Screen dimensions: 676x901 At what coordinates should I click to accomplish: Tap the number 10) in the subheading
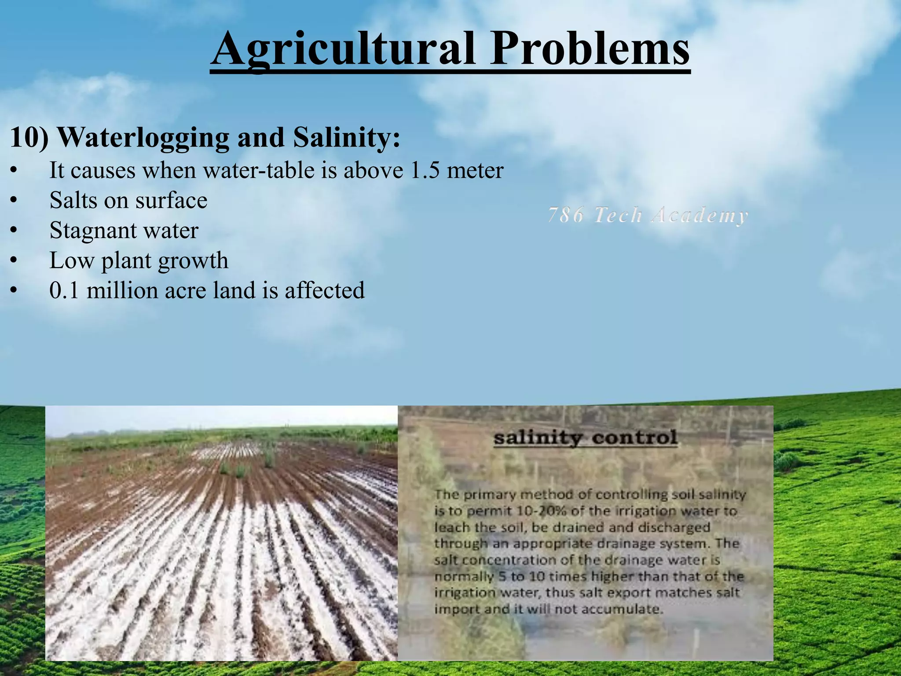pos(29,138)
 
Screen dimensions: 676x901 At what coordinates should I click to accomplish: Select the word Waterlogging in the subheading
pos(143,138)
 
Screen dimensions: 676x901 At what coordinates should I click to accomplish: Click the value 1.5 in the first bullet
pos(425,170)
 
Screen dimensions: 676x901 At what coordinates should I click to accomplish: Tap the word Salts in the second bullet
pos(72,200)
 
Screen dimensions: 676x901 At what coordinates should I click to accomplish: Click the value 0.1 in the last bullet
pos(64,290)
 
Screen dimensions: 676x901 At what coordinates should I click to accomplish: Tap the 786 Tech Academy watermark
pos(648,216)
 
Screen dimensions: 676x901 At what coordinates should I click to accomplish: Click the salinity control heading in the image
pos(585,438)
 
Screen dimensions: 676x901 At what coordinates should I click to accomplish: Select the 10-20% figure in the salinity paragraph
pos(542,511)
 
